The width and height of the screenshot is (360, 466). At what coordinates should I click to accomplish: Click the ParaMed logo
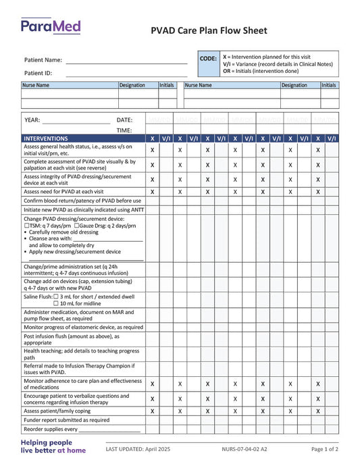(51, 27)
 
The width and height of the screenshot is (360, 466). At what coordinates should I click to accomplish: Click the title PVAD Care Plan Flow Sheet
(209, 30)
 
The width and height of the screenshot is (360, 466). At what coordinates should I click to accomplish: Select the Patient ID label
(38, 73)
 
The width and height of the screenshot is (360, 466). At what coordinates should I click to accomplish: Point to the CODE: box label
(208, 59)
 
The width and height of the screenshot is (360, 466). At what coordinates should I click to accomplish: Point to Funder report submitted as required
(66, 419)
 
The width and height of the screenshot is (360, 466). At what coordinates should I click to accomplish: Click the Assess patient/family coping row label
(57, 411)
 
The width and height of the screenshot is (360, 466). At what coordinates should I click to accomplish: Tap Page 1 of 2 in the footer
(325, 449)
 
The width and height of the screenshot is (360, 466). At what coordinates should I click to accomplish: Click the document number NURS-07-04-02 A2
(244, 449)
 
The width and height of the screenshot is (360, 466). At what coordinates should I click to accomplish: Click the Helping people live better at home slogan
(53, 446)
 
